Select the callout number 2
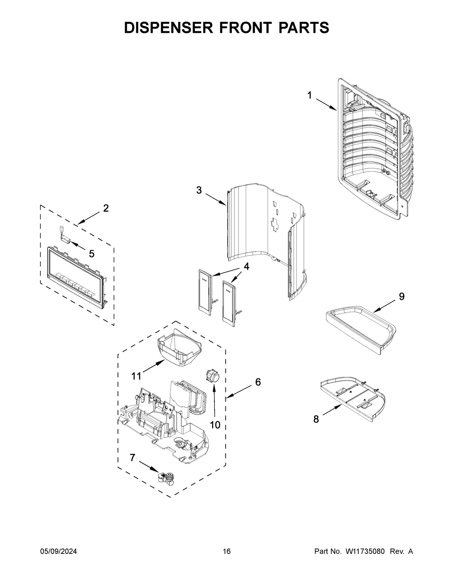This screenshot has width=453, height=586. [106, 208]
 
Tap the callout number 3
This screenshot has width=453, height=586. [199, 191]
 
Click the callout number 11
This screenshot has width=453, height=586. [137, 376]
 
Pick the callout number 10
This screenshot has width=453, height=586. [215, 425]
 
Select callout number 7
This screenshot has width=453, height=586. [132, 458]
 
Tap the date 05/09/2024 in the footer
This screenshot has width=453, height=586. [59, 552]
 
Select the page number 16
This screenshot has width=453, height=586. [226, 552]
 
